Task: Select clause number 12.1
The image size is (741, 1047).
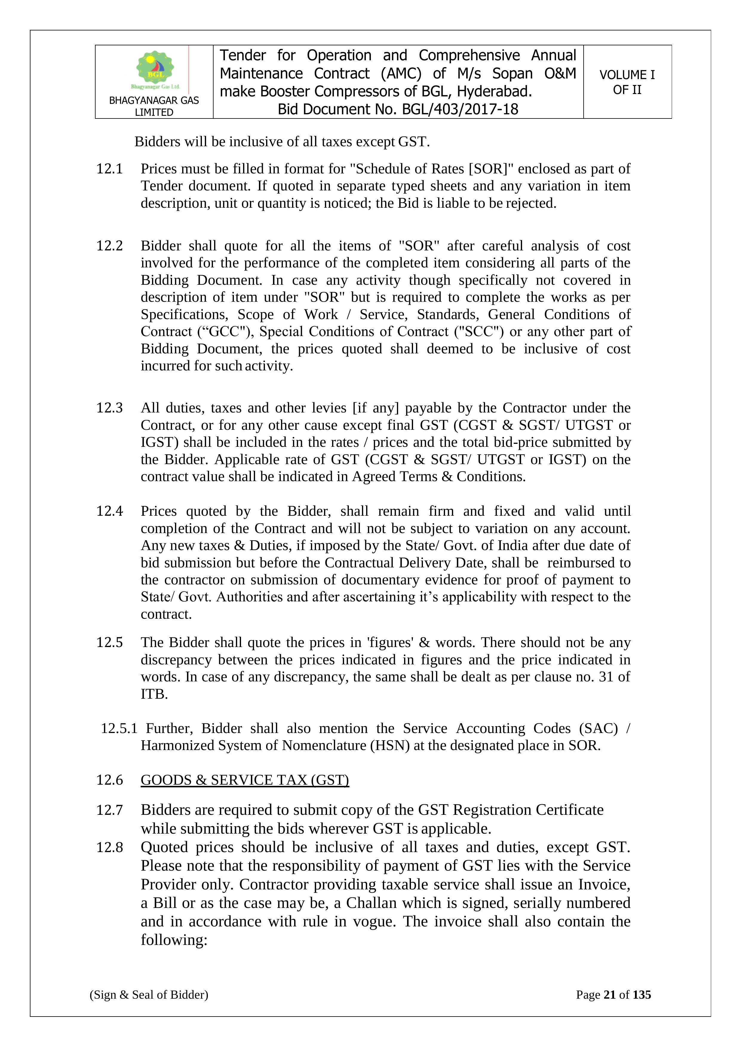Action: pos(110,169)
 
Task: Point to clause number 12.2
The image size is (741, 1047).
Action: pos(110,246)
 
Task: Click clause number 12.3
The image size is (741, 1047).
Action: pos(110,408)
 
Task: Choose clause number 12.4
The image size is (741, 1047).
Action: pos(110,511)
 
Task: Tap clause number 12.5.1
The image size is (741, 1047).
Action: pos(119,728)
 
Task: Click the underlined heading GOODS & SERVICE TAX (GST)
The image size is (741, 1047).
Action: pos(245,780)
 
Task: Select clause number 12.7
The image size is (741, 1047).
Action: pos(110,810)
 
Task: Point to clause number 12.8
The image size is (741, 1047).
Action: pos(110,847)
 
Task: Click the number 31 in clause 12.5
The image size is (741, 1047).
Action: pos(605,677)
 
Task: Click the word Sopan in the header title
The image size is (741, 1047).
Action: pos(513,73)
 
